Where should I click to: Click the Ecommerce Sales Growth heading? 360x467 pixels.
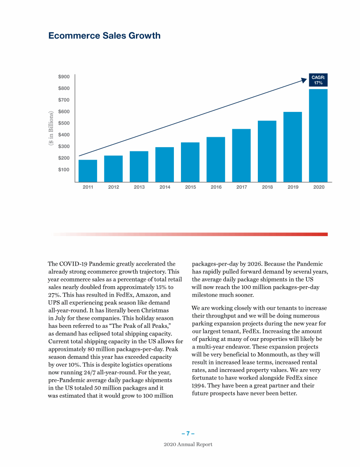104,36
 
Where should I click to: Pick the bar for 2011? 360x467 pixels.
88,170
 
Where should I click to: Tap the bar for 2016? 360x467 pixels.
216,159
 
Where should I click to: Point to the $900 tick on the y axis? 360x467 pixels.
64,76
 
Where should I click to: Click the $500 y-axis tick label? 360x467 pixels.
64,123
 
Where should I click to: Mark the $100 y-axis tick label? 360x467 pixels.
64,170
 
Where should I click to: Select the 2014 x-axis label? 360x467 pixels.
165,187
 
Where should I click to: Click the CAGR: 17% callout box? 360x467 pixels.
318,80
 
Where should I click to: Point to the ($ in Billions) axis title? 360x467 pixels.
52,127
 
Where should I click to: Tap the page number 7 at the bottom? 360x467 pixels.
187,433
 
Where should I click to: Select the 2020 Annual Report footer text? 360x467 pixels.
187,444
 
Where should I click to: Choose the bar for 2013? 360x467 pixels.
139,166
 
